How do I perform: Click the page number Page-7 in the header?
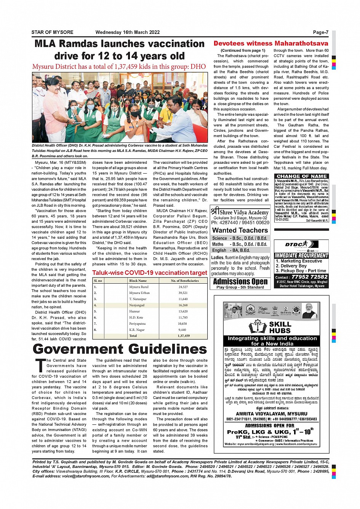(x=320, y=32)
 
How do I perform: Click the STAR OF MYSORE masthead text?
(x=52, y=32)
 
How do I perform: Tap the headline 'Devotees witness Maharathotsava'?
(x=270, y=43)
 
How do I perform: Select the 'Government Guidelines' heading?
(x=120, y=349)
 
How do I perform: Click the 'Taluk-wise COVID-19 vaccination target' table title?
(x=150, y=273)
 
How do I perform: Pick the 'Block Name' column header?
(x=138, y=281)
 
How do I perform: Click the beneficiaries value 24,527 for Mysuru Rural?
(x=183, y=287)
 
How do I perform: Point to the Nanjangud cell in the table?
(x=137, y=305)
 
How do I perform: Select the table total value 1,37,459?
(x=184, y=336)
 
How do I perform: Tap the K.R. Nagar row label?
(x=137, y=330)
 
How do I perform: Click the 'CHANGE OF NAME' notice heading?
(x=301, y=176)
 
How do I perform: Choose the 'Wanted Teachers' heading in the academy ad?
(x=240, y=230)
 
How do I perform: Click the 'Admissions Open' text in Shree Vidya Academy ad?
(x=240, y=282)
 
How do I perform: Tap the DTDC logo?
(x=296, y=244)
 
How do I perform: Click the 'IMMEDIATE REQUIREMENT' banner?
(x=301, y=255)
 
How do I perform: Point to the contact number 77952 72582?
(x=309, y=277)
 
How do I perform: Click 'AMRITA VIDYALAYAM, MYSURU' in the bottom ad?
(x=271, y=414)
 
